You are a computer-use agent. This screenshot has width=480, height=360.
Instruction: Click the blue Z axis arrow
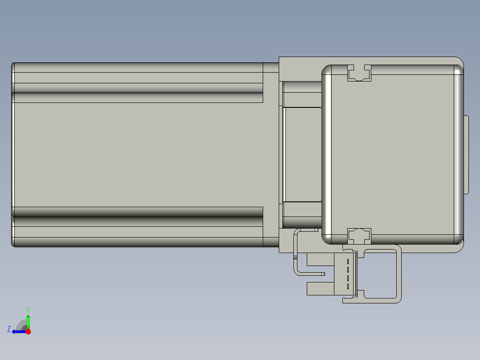pos(18,331)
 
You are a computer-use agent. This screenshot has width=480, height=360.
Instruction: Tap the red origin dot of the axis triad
pos(28,331)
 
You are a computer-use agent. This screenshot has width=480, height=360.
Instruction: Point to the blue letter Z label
pos(9,329)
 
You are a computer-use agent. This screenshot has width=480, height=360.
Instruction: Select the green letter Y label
pos(28,309)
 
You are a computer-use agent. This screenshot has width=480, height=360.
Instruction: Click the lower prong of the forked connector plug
pos(320,289)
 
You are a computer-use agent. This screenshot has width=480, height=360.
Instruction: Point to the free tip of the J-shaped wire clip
pos(324,273)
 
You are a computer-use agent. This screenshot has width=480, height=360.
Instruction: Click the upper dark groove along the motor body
pos(138,88)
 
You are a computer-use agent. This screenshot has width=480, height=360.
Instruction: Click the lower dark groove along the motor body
pos(138,221)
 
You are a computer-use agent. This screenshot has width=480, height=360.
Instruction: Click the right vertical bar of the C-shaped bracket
pos(399,274)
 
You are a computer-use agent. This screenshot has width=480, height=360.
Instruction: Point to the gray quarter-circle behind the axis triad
pos(21,325)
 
